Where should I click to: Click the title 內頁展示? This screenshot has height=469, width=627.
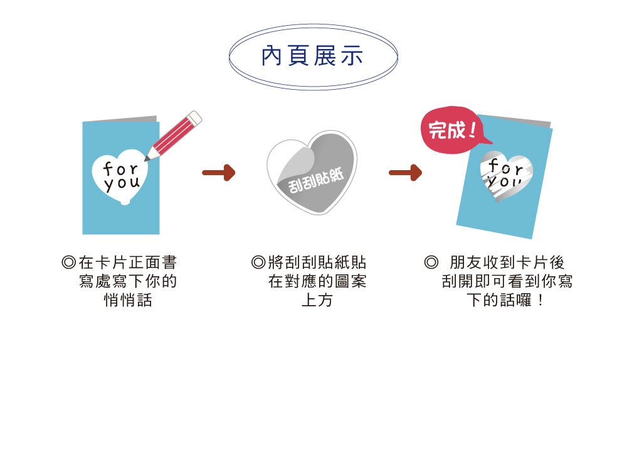tap(313, 57)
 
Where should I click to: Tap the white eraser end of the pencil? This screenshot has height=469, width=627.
tap(195, 117)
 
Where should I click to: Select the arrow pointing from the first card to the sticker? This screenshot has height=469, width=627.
tap(218, 173)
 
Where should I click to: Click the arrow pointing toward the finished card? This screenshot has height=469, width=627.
tap(405, 173)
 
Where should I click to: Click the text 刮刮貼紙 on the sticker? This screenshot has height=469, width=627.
tap(313, 181)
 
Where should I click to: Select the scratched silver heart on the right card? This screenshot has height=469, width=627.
tap(507, 173)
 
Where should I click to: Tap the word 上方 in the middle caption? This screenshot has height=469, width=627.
tap(317, 301)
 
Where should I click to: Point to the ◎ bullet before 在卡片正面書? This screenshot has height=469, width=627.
tap(69, 262)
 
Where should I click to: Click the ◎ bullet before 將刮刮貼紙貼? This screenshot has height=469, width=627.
tap(258, 262)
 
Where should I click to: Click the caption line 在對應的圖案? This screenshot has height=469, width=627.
tap(317, 281)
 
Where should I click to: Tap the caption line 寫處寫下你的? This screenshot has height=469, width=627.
tap(128, 281)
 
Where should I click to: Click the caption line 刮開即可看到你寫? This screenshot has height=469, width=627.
tap(507, 281)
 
